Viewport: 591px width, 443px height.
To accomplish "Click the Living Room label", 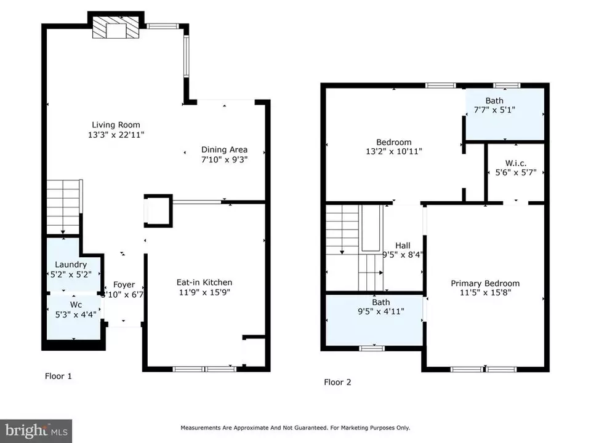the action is click(116, 125).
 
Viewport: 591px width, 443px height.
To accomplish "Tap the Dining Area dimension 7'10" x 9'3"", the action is click(224, 159).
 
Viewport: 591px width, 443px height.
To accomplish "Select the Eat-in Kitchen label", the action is click(204, 282).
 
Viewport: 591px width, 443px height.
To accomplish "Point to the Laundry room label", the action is click(71, 265).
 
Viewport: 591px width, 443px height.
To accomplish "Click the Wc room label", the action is click(76, 305).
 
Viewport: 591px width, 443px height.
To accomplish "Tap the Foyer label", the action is click(124, 285).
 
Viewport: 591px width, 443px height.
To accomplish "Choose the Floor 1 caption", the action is click(58, 376).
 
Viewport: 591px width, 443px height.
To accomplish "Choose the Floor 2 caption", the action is click(337, 382).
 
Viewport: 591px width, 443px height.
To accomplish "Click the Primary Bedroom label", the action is click(485, 283).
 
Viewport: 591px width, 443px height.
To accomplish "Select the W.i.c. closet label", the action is click(516, 163).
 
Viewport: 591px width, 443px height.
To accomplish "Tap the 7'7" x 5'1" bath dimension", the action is click(494, 110).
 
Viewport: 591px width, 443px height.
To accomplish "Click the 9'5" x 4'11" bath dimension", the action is click(380, 311).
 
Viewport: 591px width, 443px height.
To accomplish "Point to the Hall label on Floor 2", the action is click(403, 245).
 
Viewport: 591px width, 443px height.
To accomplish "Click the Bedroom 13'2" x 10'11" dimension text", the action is click(393, 151).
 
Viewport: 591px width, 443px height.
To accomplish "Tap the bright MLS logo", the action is click(36, 431).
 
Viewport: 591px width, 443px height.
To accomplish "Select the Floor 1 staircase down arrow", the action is click(63, 207).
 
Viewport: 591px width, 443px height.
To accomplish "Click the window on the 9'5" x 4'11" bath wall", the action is click(372, 348).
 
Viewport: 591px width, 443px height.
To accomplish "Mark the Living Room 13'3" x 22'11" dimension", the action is click(116, 135).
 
